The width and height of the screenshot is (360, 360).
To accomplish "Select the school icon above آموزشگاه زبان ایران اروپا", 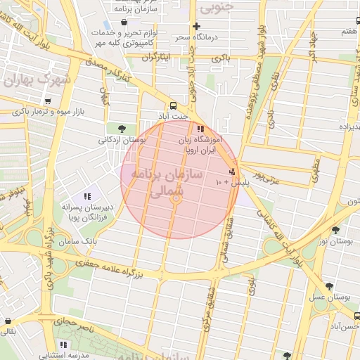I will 200,129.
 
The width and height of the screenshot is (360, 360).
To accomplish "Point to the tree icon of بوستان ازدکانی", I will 122,129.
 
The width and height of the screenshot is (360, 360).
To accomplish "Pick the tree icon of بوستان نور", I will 335,230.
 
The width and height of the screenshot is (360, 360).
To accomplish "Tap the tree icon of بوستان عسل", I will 329,287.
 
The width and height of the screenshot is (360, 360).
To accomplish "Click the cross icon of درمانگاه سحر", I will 196,27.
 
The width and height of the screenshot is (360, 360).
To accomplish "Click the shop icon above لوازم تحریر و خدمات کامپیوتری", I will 124,23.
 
